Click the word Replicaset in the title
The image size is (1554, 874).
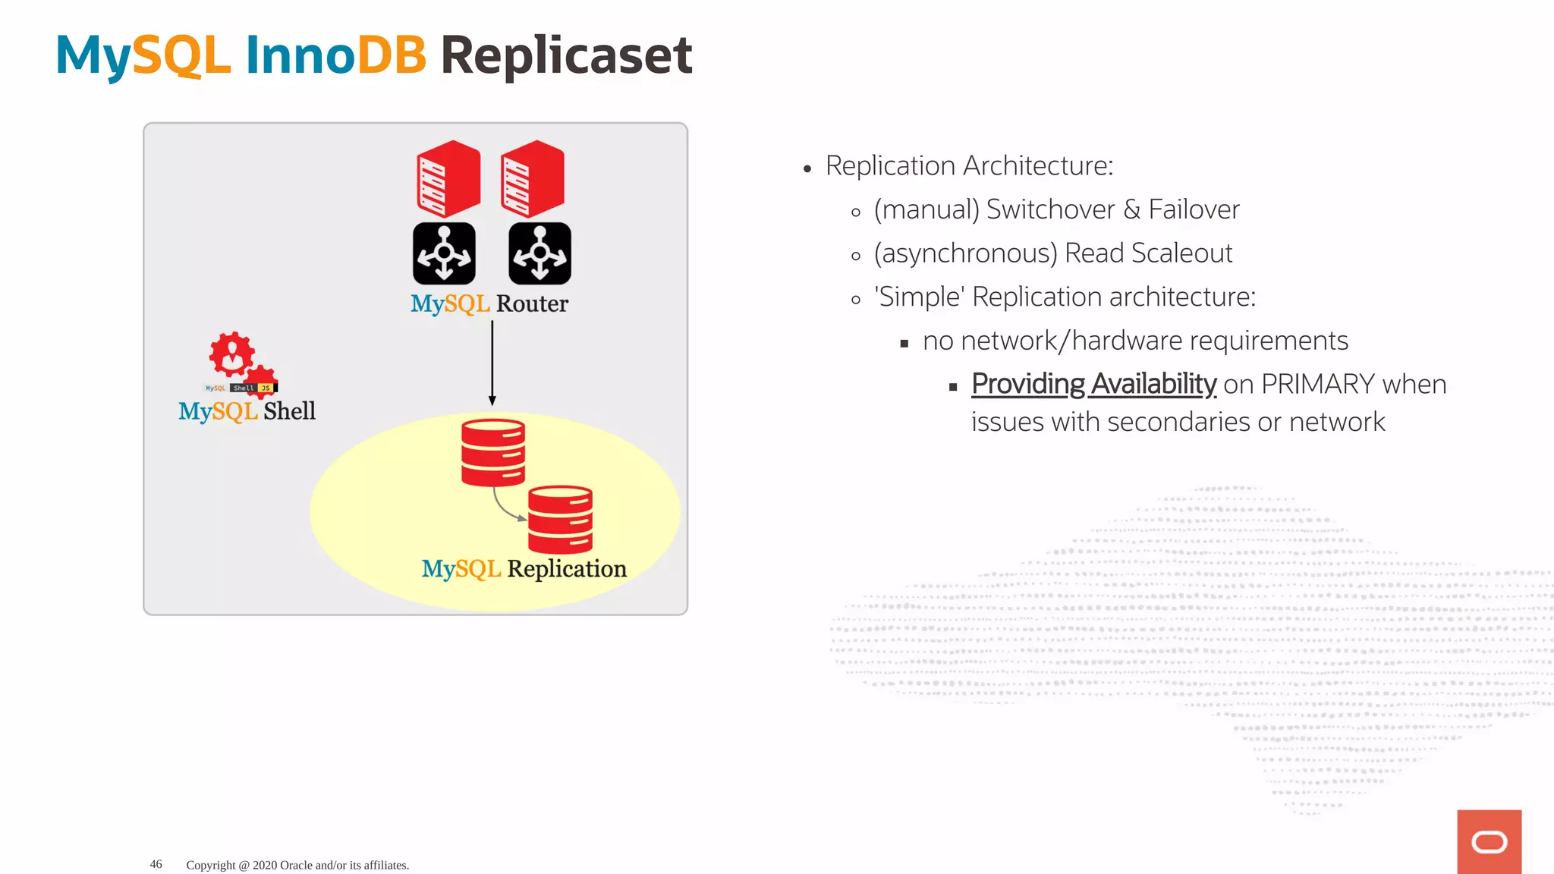pos(565,55)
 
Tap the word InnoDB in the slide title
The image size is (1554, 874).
pos(335,55)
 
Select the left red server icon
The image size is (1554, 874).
pos(448,178)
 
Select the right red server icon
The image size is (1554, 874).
pos(532,178)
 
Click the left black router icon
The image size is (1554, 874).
pos(444,253)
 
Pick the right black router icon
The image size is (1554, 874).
pos(539,253)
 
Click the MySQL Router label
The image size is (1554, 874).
pos(489,303)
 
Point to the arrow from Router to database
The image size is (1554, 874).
pos(492,363)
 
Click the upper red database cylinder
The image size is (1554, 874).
pos(493,452)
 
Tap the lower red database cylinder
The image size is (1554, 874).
pos(560,520)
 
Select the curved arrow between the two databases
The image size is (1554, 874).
pos(505,508)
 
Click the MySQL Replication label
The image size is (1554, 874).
pos(524,569)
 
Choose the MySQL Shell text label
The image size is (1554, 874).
pos(247,411)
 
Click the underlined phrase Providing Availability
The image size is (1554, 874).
pos(1093,385)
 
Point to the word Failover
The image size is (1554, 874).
pos(1194,209)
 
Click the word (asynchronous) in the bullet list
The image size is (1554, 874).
pos(965,253)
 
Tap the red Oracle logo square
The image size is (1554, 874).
pos(1489,841)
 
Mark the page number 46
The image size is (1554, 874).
pos(156,864)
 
